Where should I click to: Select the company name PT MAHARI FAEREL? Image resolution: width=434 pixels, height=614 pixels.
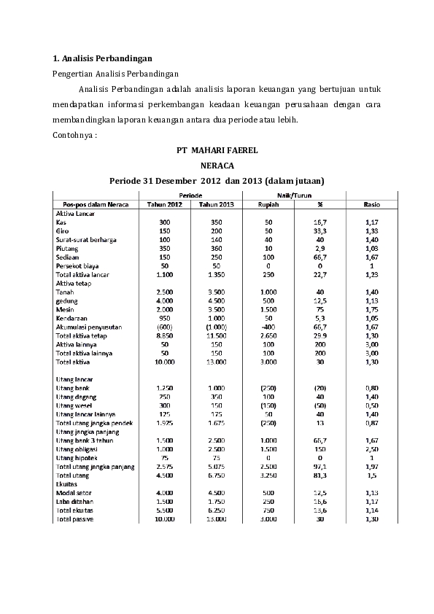point(217,150)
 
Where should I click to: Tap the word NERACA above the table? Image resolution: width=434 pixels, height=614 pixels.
point(217,166)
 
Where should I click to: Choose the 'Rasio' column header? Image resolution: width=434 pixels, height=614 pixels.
point(371,205)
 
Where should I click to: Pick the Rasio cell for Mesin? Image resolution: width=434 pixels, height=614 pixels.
point(371,309)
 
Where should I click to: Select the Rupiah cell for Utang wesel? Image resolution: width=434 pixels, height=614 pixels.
point(268,405)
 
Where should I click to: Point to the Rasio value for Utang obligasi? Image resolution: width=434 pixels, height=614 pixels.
point(371,450)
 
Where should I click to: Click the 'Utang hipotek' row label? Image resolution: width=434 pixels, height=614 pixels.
point(76,459)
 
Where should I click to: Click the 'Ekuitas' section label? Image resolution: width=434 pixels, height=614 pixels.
point(66,485)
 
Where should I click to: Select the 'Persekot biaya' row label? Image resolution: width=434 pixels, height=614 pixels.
point(77,266)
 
